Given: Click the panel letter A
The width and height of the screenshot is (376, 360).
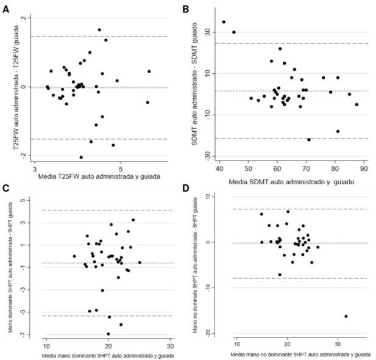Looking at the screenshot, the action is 5,9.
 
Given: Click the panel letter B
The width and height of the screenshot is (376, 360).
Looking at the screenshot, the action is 186,9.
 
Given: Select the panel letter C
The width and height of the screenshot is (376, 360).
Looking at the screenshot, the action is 5,189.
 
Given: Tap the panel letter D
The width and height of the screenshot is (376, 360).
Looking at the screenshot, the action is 186,189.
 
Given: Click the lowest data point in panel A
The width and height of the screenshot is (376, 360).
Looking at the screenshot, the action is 81,157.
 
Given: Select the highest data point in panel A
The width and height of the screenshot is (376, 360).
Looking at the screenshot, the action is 99,30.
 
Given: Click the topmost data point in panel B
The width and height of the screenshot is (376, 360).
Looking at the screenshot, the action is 224,22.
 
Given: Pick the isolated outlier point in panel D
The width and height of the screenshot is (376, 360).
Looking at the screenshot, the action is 346,316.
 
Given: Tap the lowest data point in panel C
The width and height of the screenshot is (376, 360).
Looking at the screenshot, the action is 108,334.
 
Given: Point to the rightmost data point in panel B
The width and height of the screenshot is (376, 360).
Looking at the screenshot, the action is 356,104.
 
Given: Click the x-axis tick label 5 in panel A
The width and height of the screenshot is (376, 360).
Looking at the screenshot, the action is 121,169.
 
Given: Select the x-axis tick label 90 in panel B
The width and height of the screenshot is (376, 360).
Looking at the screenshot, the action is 364,168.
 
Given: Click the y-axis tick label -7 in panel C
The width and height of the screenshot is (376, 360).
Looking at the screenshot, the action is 24,334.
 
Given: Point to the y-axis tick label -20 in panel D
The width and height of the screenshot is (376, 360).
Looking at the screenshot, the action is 207,333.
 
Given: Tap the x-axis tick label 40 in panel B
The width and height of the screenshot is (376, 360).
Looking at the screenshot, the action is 219,168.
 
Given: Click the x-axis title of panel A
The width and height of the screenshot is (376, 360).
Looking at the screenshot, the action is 99,177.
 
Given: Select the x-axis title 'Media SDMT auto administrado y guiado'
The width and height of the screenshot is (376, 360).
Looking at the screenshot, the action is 291,182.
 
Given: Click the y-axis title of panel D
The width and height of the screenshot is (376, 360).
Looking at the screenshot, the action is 196,265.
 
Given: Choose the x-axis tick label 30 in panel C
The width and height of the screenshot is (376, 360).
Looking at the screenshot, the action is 170,346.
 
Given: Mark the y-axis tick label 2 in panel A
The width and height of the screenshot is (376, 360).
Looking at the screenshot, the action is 24,18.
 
